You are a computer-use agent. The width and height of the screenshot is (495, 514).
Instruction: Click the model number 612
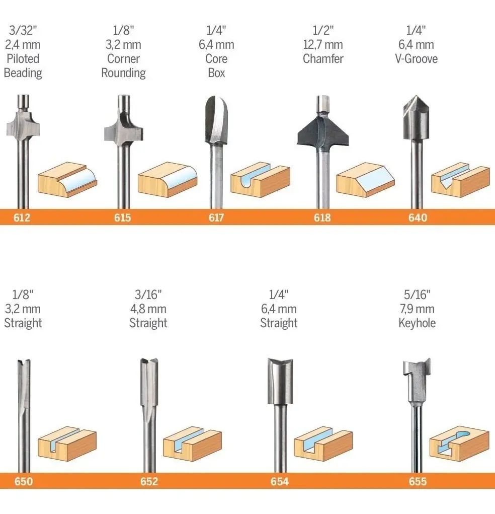point(22,217)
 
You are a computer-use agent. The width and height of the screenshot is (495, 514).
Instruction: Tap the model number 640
point(418,217)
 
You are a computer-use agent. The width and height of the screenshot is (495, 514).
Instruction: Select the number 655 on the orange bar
point(418,482)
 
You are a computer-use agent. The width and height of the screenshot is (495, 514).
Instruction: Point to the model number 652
point(149,482)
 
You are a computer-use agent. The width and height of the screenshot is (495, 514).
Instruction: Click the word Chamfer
point(323,59)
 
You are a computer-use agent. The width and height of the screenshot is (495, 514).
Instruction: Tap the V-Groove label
point(417,59)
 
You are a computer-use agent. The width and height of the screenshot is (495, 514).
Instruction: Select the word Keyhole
point(417,323)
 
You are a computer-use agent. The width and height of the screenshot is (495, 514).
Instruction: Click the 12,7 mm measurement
point(323,45)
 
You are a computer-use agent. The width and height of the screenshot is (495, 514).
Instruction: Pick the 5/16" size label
point(417,295)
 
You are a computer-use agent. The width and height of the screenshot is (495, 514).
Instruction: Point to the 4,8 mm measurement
point(148,309)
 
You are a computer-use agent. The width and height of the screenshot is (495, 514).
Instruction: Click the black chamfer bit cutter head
point(322,130)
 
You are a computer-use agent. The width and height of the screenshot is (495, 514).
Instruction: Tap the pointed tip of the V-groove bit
point(416,96)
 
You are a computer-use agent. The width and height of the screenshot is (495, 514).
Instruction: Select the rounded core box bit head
point(216,120)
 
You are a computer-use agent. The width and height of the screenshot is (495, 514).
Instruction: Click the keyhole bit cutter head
point(417,380)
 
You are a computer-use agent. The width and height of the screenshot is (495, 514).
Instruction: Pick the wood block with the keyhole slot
point(459,444)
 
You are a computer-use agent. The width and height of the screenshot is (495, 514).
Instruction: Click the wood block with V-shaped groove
point(460,180)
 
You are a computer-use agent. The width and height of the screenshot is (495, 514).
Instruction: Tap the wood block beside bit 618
point(366,180)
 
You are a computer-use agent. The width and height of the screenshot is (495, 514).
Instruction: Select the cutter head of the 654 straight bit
point(280,381)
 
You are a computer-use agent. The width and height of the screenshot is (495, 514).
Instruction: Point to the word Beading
point(23,73)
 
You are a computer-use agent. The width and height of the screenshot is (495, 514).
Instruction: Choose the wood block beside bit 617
point(261,180)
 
